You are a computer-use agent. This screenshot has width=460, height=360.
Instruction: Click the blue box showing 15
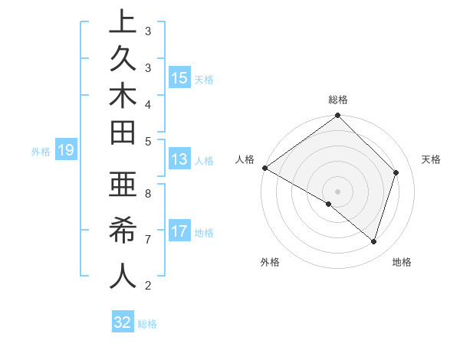coord(179,77)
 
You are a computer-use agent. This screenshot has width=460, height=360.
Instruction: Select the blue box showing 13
coord(179,160)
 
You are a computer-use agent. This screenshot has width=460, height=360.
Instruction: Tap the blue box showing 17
coord(179,231)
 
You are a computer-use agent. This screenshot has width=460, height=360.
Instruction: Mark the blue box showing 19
coord(65,150)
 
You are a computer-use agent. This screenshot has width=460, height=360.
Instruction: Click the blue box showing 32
coord(122,322)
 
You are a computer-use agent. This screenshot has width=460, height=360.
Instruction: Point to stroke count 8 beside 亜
coord(147,194)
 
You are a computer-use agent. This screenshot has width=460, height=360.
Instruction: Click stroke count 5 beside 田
coord(147,141)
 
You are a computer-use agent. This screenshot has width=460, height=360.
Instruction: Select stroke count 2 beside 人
coord(147,286)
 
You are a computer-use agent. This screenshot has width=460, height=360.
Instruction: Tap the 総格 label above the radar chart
coord(338,100)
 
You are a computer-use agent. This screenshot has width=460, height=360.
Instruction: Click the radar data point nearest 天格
coord(396,172)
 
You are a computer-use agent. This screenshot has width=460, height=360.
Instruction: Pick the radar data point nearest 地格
coord(374,242)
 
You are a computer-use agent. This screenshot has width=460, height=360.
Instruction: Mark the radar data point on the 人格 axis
coord(264,168)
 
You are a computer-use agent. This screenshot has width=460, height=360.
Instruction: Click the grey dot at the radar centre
coord(337,191)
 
